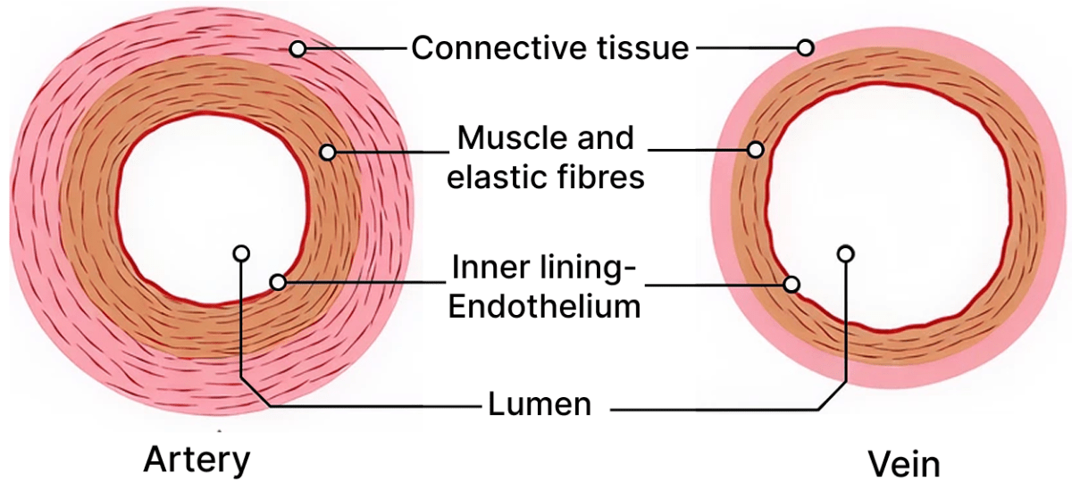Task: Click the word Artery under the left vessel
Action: coord(197,460)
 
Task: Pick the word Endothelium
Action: coord(544,306)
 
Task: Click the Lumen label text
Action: coord(540,404)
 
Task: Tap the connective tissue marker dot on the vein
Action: coord(805,47)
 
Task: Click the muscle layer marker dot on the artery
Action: coord(328,153)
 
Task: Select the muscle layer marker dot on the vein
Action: coord(757,150)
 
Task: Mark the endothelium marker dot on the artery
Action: coord(278,282)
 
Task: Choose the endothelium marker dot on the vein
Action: coord(791,285)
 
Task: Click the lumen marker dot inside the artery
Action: coord(239,253)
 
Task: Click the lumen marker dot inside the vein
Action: coord(845,254)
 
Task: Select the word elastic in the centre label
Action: coord(496,177)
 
